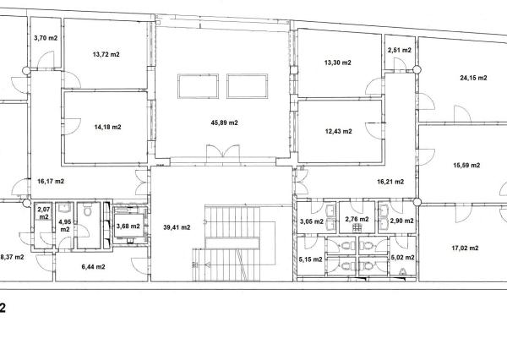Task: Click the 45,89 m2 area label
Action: point(225,123)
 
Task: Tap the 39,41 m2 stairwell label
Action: point(177,227)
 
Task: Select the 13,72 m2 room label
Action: point(106,54)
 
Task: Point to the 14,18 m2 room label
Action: point(107,127)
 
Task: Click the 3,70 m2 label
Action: point(46,38)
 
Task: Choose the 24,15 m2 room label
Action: point(473,78)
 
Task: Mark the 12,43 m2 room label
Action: point(338,131)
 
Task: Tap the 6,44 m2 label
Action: point(93,267)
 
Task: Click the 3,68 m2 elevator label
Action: point(128,226)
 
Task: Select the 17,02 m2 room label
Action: point(465,248)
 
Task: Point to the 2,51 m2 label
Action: point(400,50)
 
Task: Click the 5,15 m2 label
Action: point(310,259)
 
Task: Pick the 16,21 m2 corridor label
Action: point(390,182)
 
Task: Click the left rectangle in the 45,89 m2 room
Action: point(198,74)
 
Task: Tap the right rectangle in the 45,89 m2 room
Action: point(247,74)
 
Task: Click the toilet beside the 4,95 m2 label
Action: point(87,211)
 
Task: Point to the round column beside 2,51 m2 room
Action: point(417,69)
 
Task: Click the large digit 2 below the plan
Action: point(3,308)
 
